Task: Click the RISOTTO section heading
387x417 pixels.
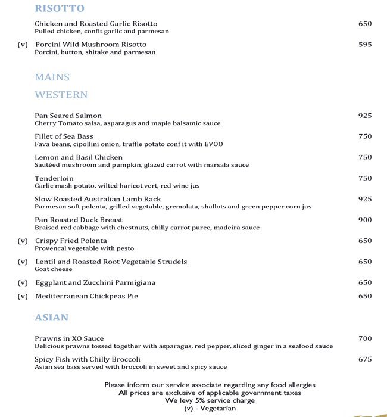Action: (x=60, y=8)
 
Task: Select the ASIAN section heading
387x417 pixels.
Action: (x=51, y=318)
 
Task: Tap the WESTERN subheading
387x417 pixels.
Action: (x=61, y=95)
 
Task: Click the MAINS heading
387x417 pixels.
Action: (x=52, y=77)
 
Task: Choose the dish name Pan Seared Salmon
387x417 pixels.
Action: (x=68, y=116)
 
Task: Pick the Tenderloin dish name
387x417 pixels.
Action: (x=54, y=178)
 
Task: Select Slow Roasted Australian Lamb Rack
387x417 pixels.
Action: (x=98, y=199)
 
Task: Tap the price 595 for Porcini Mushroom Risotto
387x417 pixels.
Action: (x=365, y=45)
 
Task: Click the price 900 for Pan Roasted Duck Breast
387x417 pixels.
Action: (x=365, y=220)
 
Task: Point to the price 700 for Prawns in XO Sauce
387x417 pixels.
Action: (x=365, y=338)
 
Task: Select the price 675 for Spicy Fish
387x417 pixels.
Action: (x=365, y=359)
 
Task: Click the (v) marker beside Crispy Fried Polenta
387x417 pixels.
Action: (x=23, y=241)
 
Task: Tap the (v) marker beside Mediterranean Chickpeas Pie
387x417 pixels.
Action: (x=23, y=296)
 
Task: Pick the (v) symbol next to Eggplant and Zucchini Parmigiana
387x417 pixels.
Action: (x=23, y=282)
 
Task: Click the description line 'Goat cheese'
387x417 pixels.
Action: (x=53, y=269)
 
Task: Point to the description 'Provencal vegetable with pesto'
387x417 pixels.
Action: (x=84, y=248)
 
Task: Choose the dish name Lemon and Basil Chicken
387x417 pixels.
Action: (x=79, y=157)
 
